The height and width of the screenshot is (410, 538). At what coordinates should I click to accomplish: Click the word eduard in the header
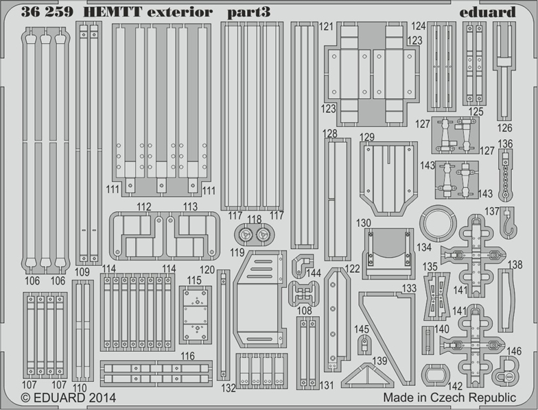pyautogui.click(x=487, y=12)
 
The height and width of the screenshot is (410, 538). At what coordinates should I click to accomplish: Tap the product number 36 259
pyautogui.click(x=47, y=12)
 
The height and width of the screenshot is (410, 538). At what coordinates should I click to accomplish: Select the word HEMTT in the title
pyautogui.click(x=113, y=12)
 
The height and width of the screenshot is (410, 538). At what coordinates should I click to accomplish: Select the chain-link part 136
pyautogui.click(x=505, y=175)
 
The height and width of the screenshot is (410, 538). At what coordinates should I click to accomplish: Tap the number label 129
pyautogui.click(x=367, y=137)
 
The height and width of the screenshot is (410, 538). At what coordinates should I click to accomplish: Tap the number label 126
pyautogui.click(x=504, y=128)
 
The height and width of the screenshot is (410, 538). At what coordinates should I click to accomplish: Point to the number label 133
pyautogui.click(x=409, y=288)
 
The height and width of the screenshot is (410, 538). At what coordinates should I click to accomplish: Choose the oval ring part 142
pyautogui.click(x=435, y=374)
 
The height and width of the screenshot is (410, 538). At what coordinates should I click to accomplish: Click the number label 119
pyautogui.click(x=237, y=252)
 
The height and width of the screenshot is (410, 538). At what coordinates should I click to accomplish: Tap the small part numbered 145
pyautogui.click(x=364, y=344)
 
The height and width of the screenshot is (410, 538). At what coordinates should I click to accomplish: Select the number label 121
pyautogui.click(x=326, y=26)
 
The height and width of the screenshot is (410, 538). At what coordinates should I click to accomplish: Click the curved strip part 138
pyautogui.click(x=506, y=300)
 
